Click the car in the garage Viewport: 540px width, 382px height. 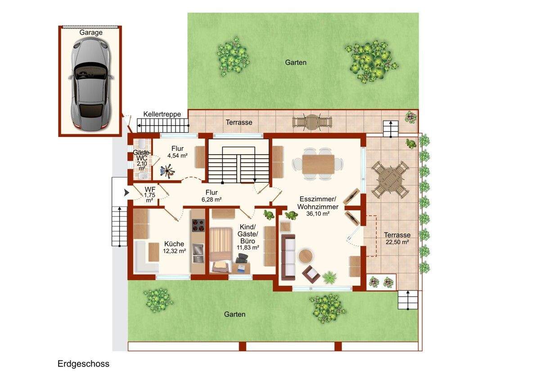(91, 85)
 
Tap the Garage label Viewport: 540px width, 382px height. (91, 32)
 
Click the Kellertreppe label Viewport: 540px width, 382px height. (162, 114)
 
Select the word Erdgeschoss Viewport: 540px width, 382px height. (83, 364)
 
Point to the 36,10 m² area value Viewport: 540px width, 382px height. (318, 214)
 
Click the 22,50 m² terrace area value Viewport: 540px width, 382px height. (397, 242)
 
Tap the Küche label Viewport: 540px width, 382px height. (174, 244)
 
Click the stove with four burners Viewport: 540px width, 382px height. (198, 225)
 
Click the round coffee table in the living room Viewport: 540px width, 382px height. (306, 256)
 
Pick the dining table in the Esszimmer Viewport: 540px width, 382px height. (318, 164)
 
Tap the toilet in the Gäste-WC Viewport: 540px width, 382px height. (142, 144)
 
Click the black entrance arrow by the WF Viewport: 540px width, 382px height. (126, 192)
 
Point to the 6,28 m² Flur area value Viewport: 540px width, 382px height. (211, 200)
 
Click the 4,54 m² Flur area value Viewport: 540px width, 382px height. (177, 156)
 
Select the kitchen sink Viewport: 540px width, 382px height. (198, 253)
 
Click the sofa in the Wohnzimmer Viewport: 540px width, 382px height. (288, 257)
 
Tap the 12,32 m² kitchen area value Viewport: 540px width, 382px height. (174, 251)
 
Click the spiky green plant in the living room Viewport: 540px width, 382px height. (329, 277)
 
